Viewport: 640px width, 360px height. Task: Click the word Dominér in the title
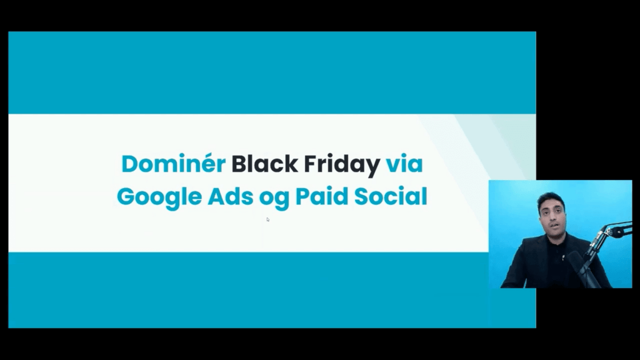pos(174,164)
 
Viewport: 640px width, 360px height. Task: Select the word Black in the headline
pos(264,164)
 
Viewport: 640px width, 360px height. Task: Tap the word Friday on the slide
pos(342,165)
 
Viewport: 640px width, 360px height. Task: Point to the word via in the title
pos(404,164)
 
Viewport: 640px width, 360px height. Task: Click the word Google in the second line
pos(159,197)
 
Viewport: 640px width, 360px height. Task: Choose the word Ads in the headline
pos(231,196)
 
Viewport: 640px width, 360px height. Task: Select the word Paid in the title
pos(322,196)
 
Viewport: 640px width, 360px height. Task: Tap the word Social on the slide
pos(391,196)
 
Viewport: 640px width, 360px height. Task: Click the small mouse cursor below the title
pos(267,219)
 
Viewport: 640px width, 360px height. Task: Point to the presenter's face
pos(551,217)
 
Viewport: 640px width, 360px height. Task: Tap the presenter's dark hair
pos(551,199)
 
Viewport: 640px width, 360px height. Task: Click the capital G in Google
pos(126,196)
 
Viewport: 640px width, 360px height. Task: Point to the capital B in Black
pos(239,164)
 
